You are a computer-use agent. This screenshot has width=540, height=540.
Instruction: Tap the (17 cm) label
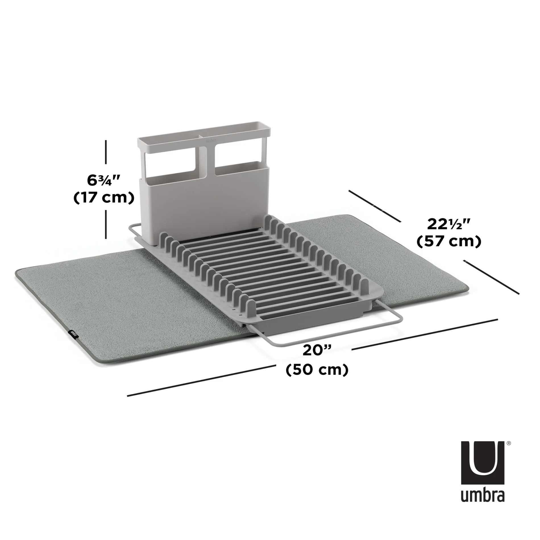104,198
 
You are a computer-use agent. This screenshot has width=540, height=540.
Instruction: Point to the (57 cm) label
449,241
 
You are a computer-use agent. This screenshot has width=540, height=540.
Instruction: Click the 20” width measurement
317,351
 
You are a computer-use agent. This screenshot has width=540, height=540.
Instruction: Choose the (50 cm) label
317,370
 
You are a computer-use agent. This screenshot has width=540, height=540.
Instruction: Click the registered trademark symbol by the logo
509,451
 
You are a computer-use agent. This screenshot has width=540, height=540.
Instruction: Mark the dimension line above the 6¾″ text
106,152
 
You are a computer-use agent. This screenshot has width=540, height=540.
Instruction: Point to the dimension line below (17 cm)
106,224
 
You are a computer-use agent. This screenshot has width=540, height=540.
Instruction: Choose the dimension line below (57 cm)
491,277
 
